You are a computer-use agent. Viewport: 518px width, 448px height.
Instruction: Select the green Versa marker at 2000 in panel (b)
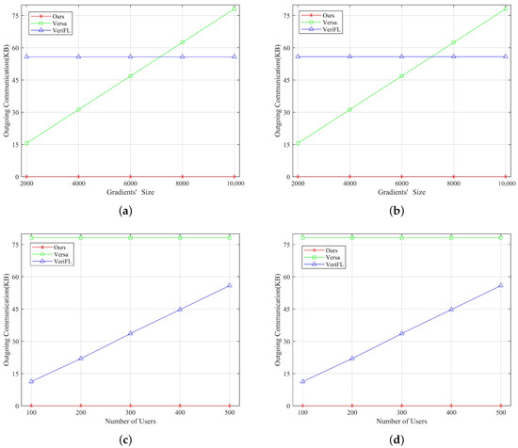click(x=298, y=143)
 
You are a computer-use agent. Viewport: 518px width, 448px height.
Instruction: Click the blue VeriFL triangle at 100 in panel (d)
click(x=302, y=381)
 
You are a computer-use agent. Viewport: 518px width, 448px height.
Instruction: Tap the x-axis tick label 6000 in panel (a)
click(x=130, y=184)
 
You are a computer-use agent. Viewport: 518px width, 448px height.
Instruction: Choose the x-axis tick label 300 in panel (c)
click(x=130, y=413)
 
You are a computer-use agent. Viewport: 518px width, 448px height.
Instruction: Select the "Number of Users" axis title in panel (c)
click(x=130, y=424)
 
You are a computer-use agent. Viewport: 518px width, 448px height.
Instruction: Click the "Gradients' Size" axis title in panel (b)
click(x=402, y=195)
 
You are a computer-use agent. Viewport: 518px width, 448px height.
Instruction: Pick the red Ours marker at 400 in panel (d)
click(x=451, y=406)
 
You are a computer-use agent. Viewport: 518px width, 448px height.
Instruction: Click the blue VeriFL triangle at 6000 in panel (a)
click(x=130, y=56)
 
